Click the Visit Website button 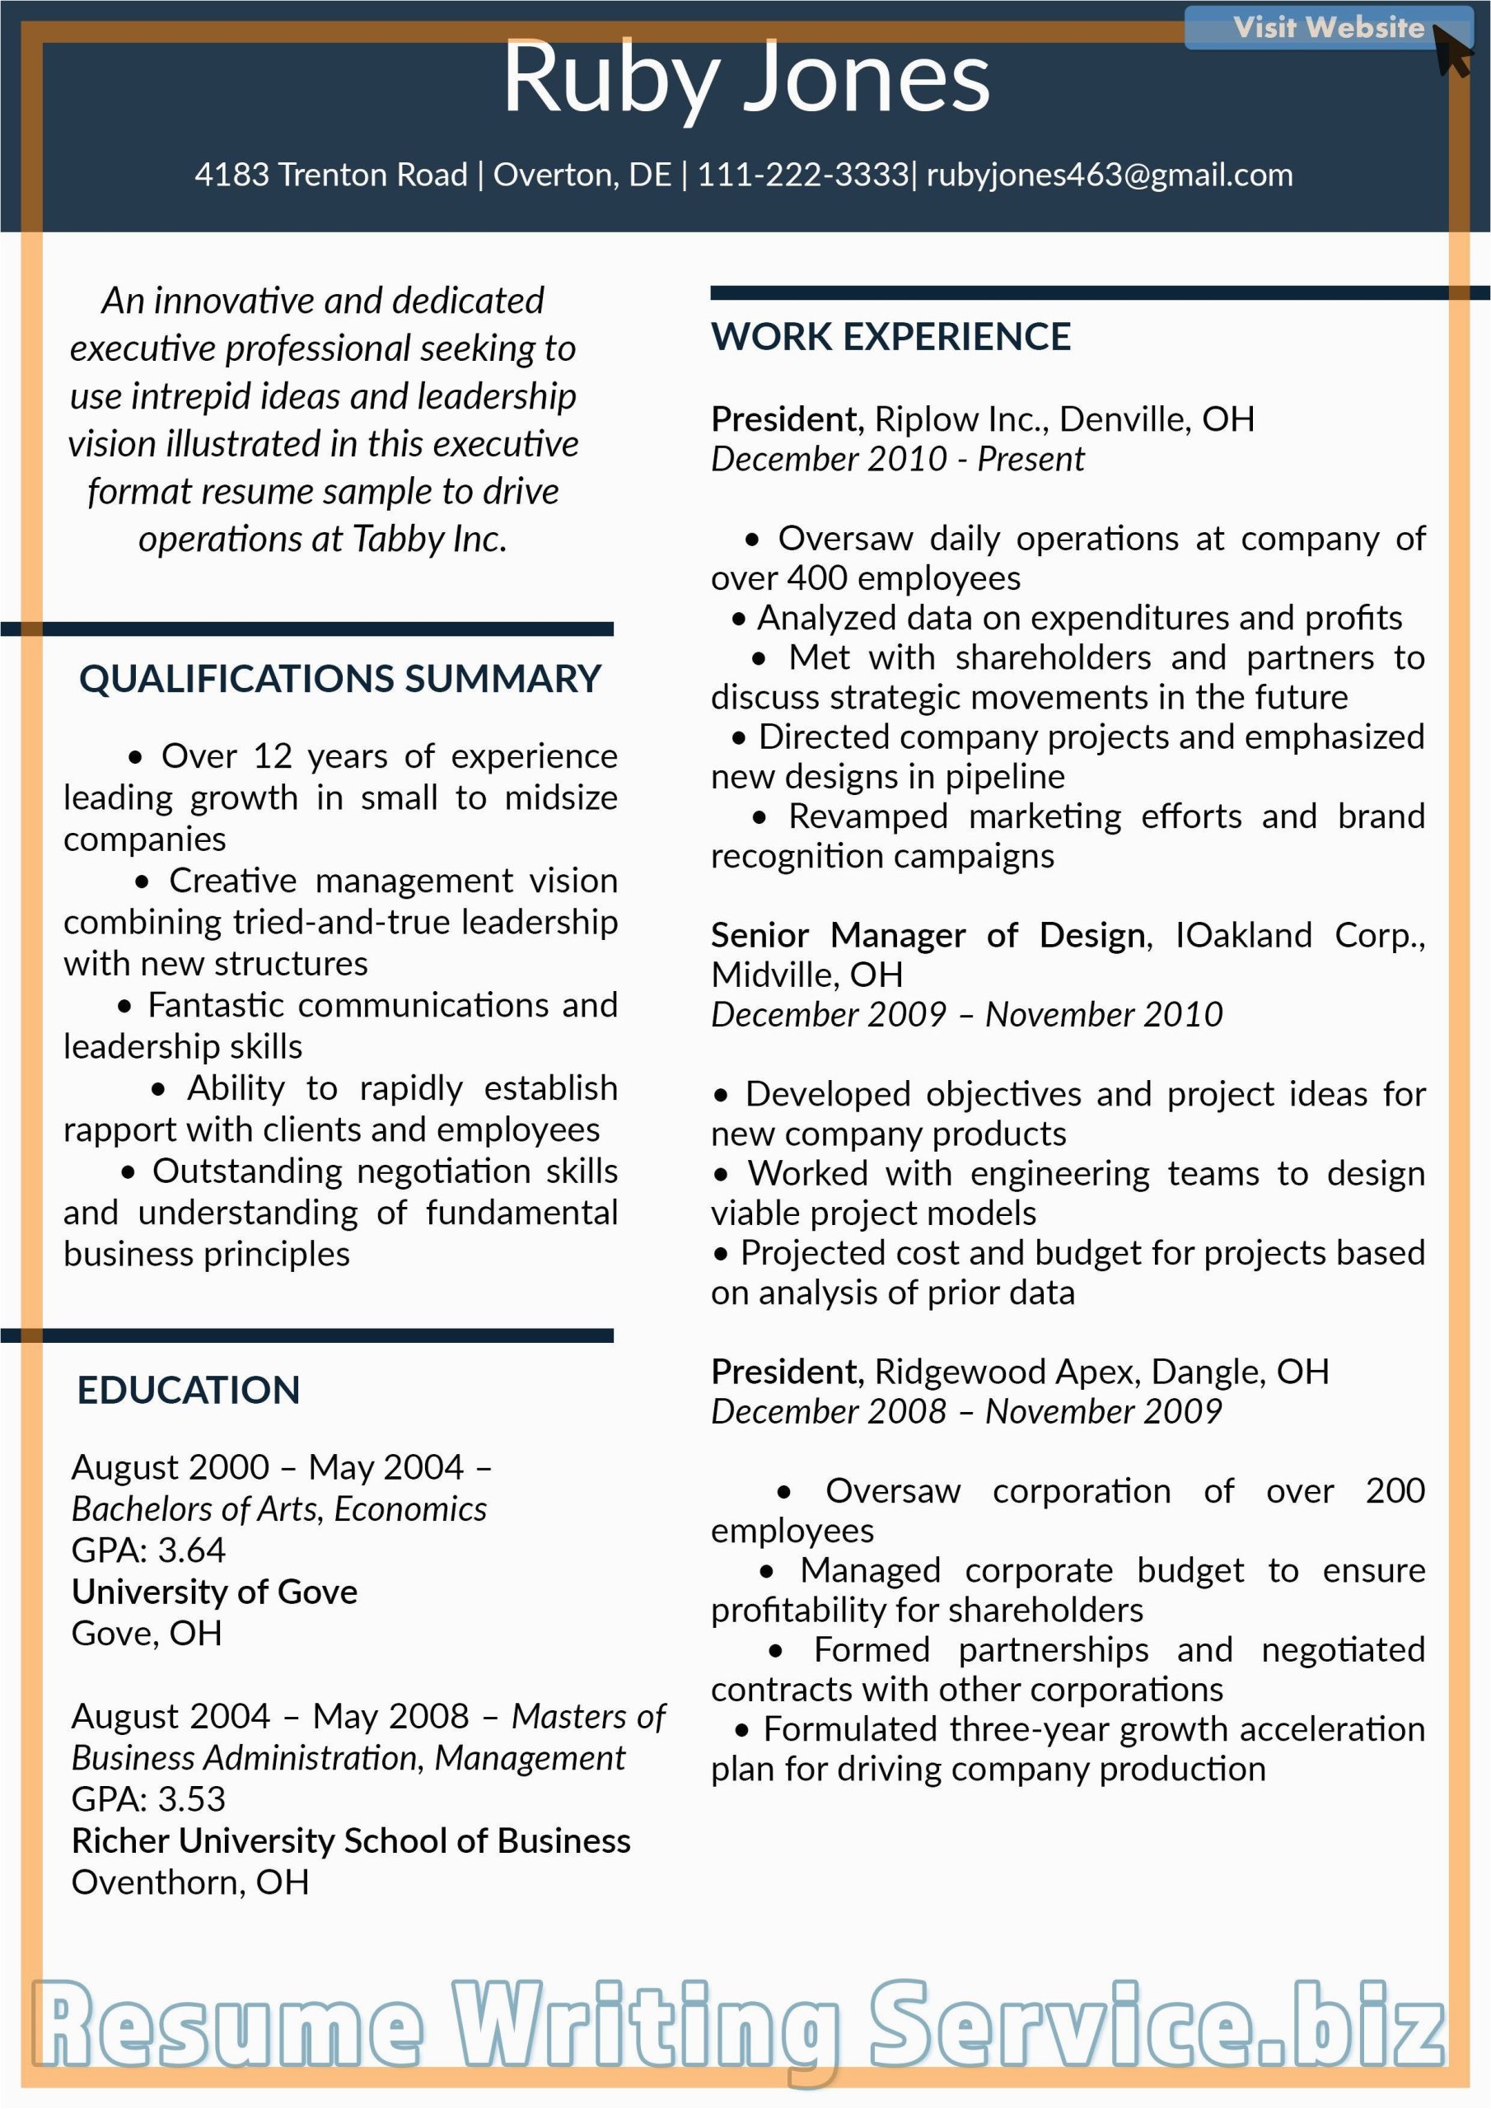pos(1326,27)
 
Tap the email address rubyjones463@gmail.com pos(1109,175)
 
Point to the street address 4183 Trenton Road pos(330,175)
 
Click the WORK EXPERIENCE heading pos(890,337)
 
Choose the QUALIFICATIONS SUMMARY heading pos(340,679)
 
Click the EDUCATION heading pos(189,1391)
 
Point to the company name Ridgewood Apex pos(1007,1372)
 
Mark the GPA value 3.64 pos(191,1550)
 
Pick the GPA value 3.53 pos(191,1799)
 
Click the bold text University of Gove pos(214,1592)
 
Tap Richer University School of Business pos(351,1840)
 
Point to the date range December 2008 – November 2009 pos(965,1412)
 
